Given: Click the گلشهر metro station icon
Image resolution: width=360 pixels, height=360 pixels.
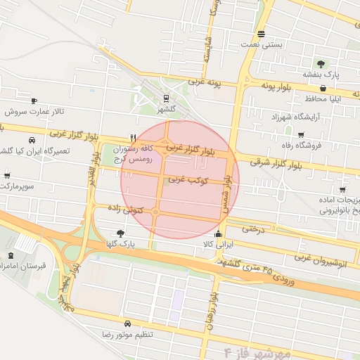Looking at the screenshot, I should [x=166, y=98].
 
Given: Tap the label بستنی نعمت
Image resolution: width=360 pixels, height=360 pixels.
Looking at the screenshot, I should [x=261, y=44].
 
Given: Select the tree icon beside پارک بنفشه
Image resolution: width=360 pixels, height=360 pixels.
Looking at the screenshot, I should [x=321, y=64].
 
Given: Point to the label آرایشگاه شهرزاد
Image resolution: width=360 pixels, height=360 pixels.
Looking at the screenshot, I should [x=285, y=115].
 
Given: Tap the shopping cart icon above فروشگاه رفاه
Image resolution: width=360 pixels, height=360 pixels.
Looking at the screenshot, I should [x=301, y=135].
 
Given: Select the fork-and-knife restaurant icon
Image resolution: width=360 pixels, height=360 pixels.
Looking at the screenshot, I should [x=133, y=138].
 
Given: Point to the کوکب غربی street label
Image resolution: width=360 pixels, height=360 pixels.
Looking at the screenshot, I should [x=186, y=179].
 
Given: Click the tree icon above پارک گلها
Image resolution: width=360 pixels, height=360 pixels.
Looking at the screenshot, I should [x=121, y=233].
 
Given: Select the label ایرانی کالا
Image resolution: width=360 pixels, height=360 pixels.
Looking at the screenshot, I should [x=217, y=244].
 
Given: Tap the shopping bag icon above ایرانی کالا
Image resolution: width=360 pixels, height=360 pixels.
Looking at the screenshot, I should [x=217, y=234].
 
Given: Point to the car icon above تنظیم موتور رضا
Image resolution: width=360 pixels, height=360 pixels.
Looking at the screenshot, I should [x=127, y=324].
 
